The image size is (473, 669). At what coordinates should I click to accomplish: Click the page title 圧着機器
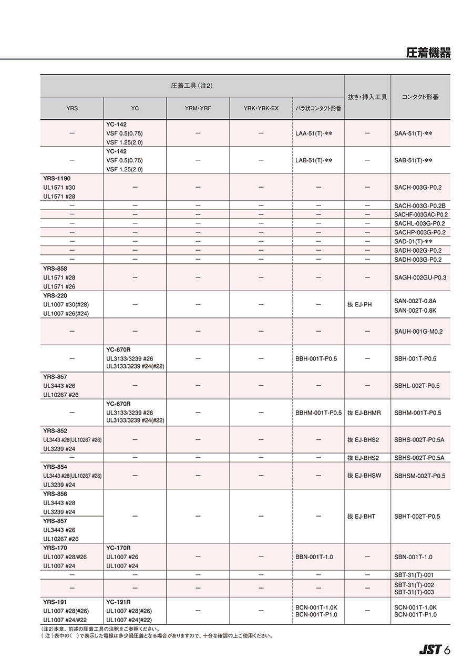pyautogui.click(x=428, y=53)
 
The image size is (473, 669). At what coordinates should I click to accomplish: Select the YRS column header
pyautogui.click(x=72, y=108)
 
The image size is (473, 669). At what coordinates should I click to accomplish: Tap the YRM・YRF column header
pyautogui.click(x=198, y=108)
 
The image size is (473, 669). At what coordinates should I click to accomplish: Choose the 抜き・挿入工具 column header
pyautogui.click(x=367, y=97)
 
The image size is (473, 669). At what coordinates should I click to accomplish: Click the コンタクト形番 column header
pyautogui.click(x=420, y=97)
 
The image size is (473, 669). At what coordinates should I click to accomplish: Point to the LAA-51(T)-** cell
pyautogui.click(x=314, y=133)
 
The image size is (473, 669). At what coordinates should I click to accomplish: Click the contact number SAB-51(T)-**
pyautogui.click(x=413, y=160)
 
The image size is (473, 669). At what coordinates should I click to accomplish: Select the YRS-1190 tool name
pyautogui.click(x=56, y=178)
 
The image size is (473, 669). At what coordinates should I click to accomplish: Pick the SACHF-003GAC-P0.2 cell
pyautogui.click(x=421, y=214)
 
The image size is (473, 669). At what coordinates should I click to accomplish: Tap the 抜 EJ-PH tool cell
pyautogui.click(x=359, y=304)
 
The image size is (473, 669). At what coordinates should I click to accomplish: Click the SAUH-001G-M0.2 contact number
pyautogui.click(x=418, y=332)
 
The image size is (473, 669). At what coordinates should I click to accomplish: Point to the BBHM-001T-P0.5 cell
pyautogui.click(x=318, y=413)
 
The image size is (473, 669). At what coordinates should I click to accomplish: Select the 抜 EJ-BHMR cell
pyautogui.click(x=364, y=413)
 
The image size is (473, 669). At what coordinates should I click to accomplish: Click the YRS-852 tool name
pyautogui.click(x=55, y=430)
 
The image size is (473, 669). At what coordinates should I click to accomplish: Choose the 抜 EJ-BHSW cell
pyautogui.click(x=364, y=476)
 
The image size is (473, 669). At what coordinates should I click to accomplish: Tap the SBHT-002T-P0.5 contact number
pyautogui.click(x=417, y=517)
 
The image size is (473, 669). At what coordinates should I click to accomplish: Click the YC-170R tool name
pyautogui.click(x=119, y=548)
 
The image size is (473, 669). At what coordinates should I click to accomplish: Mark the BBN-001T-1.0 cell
pyautogui.click(x=314, y=557)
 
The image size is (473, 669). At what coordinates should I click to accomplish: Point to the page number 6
pyautogui.click(x=447, y=650)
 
